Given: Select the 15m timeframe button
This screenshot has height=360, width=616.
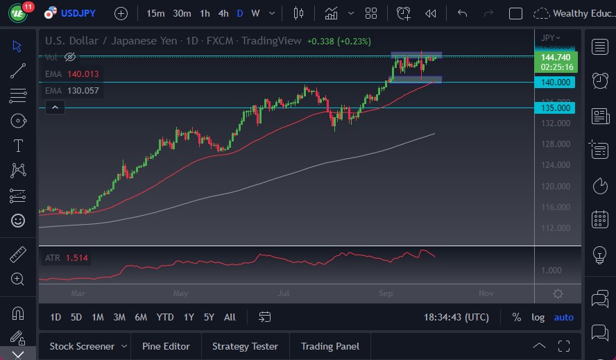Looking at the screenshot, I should point(156,13).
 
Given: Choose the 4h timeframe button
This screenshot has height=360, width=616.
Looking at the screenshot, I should point(223,13).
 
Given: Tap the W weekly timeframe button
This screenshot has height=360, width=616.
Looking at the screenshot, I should point(255,13).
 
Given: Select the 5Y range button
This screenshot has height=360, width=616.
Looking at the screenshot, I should point(209,317).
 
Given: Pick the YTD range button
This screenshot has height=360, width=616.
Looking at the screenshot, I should point(165,317).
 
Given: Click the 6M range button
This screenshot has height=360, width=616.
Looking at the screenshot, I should point(141,317).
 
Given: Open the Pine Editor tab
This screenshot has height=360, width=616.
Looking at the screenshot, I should point(166,346).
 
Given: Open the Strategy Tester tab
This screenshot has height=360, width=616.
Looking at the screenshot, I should point(245,346).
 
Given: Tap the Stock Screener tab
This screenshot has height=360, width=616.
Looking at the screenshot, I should point(82,346).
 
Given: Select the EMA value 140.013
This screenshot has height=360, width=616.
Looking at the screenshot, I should point(83,73).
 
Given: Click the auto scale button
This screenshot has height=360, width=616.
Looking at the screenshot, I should point(563,317).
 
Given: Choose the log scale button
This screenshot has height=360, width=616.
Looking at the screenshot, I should point(538,317).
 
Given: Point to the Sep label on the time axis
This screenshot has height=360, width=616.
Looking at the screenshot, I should point(386,293).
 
